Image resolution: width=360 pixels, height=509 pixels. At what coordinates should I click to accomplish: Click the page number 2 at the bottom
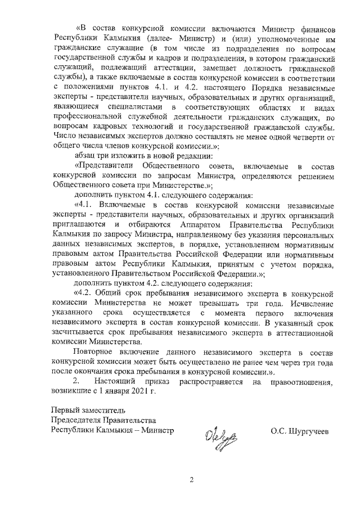(x=191, y=480)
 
